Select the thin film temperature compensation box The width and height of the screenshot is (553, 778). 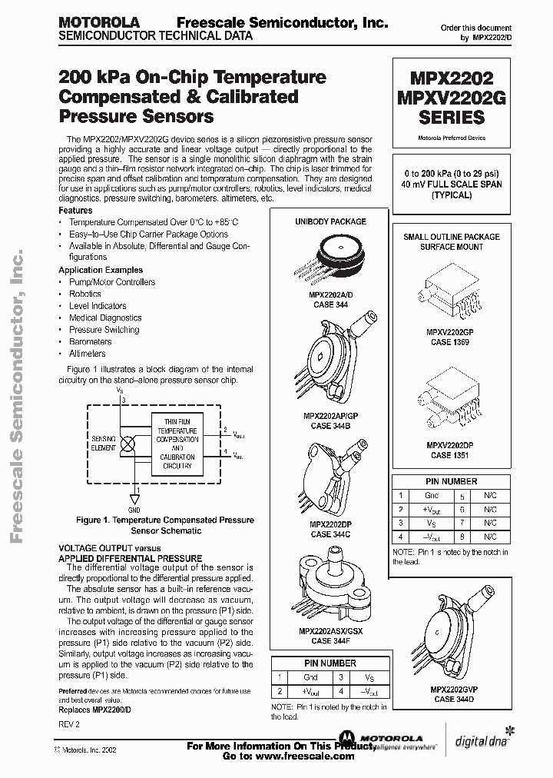tap(177, 444)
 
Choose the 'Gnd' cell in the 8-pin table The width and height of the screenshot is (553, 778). tap(431, 497)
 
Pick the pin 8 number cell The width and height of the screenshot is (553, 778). tap(461, 538)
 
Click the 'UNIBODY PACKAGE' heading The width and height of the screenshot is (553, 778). tap(331, 221)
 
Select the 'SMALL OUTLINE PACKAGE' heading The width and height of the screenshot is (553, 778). tap(451, 237)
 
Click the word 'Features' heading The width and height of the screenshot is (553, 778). tap(75, 210)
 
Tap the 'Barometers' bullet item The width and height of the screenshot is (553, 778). tap(90, 341)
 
